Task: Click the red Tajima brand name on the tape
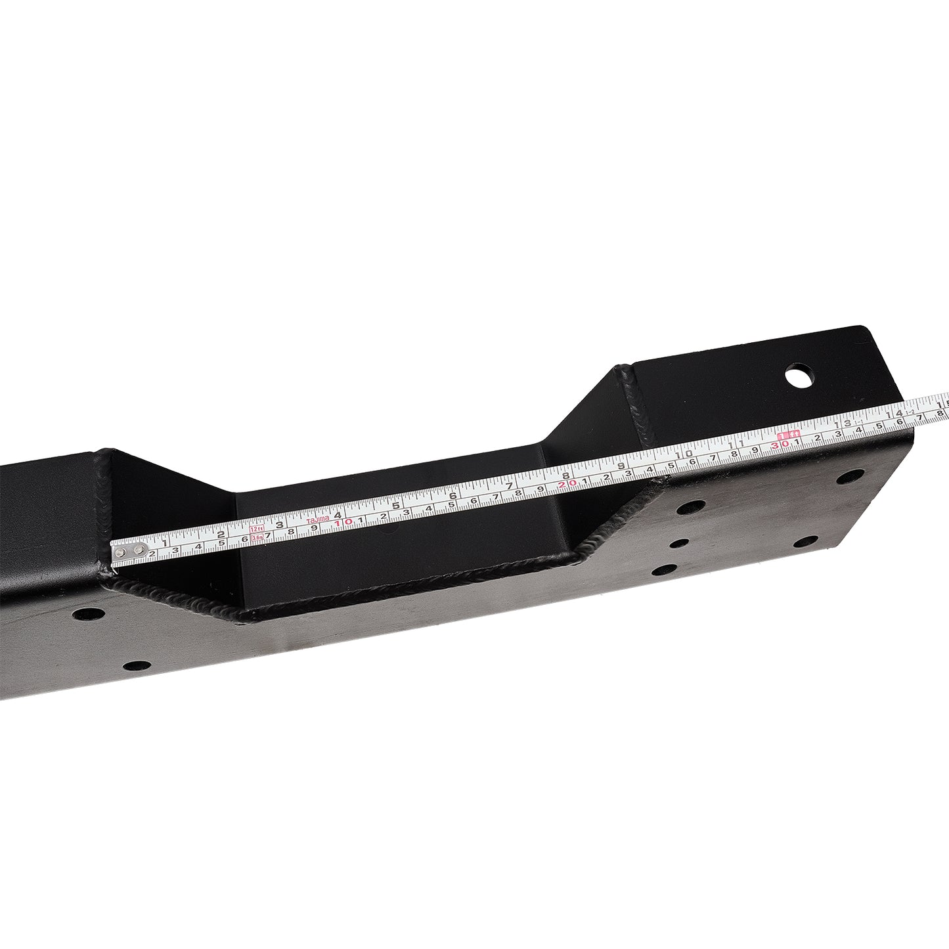tap(319, 521)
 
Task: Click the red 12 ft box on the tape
tap(257, 528)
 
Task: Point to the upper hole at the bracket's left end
tap(89, 615)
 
